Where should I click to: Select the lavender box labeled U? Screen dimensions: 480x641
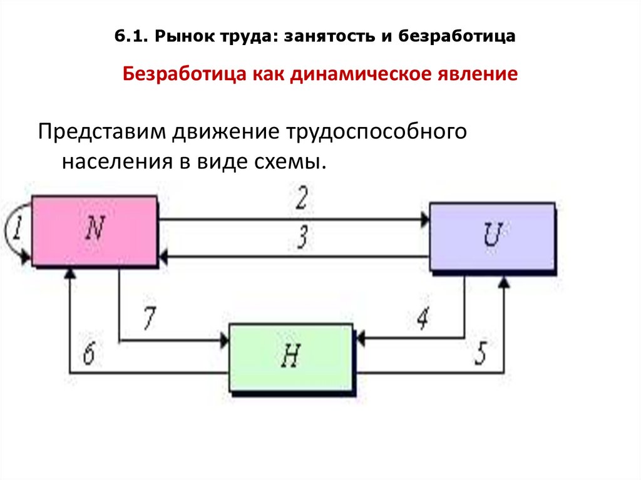point(492,236)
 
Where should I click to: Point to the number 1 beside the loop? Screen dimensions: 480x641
point(18,230)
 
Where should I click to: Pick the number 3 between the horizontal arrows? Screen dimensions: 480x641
point(302,238)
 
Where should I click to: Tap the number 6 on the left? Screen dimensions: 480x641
point(89,355)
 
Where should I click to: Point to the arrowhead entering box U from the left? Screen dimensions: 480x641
point(426,219)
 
